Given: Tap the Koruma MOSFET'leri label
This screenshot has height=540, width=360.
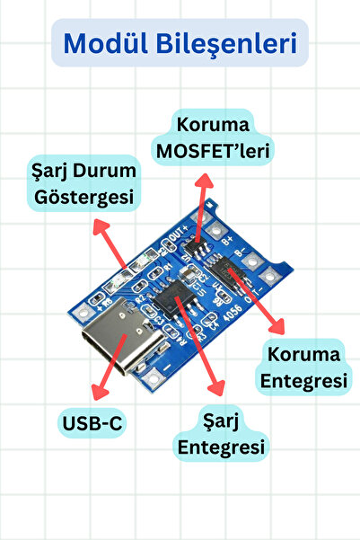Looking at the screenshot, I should [214, 137].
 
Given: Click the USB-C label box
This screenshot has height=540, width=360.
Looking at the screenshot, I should [92, 421].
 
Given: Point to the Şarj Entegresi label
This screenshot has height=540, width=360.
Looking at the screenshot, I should [221, 432].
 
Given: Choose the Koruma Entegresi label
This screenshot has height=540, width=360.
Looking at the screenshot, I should [303, 367].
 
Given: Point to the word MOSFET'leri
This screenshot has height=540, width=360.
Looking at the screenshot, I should [214, 149].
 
